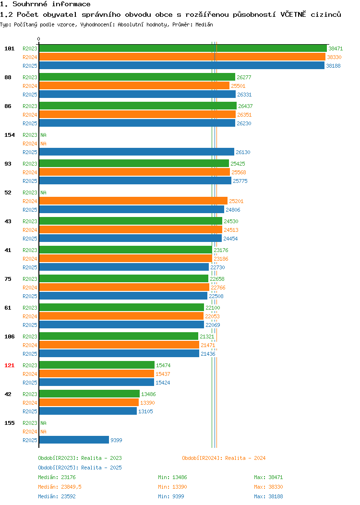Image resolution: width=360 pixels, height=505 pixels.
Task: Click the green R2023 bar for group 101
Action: point(183,48)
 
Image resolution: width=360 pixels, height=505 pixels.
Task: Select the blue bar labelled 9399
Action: point(74,440)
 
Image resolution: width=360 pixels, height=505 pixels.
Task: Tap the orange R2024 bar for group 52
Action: point(133,201)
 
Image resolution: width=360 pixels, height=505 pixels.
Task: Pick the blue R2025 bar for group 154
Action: point(136,152)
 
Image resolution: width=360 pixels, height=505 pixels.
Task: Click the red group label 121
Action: point(9,365)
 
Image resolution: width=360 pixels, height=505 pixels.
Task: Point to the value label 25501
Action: point(238,86)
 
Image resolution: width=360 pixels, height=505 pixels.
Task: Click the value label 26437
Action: point(245,106)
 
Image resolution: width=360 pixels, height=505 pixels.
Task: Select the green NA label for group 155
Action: point(44,423)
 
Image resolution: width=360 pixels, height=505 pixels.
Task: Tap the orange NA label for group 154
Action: point(44,144)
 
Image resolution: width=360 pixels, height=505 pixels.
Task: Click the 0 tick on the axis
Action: point(39,39)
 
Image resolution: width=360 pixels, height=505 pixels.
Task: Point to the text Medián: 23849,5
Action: point(60,487)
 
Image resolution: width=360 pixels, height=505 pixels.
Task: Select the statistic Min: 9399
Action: point(171,496)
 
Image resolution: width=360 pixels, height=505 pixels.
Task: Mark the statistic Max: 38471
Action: point(268,477)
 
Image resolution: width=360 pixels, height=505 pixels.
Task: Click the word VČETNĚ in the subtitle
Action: point(293,14)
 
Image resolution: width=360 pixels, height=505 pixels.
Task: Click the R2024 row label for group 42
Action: point(30,403)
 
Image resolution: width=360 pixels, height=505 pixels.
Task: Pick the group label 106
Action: point(9,337)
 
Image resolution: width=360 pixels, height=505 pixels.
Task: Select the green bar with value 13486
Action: point(89,394)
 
